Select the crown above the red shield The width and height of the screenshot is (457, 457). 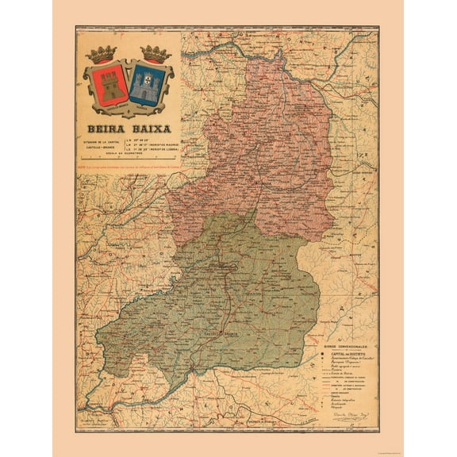(x=103, y=54)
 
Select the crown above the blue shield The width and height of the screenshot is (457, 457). (x=156, y=54)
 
